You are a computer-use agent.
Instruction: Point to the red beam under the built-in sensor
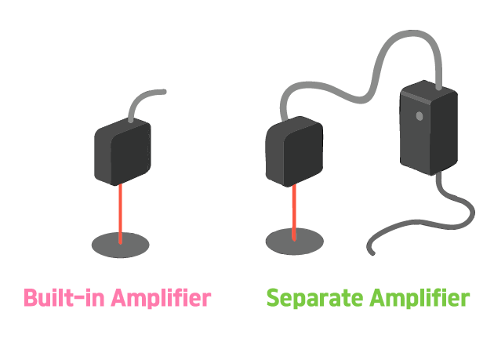point(121,212)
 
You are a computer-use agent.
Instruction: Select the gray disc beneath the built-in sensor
point(121,245)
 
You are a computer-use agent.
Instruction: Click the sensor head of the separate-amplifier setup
point(295,152)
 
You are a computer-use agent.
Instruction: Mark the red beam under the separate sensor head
point(294,210)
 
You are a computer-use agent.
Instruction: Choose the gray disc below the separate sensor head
point(294,242)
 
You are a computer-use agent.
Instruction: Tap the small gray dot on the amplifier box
point(420,116)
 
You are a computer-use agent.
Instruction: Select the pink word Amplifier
point(161,299)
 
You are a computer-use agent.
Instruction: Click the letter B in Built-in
point(31,298)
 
